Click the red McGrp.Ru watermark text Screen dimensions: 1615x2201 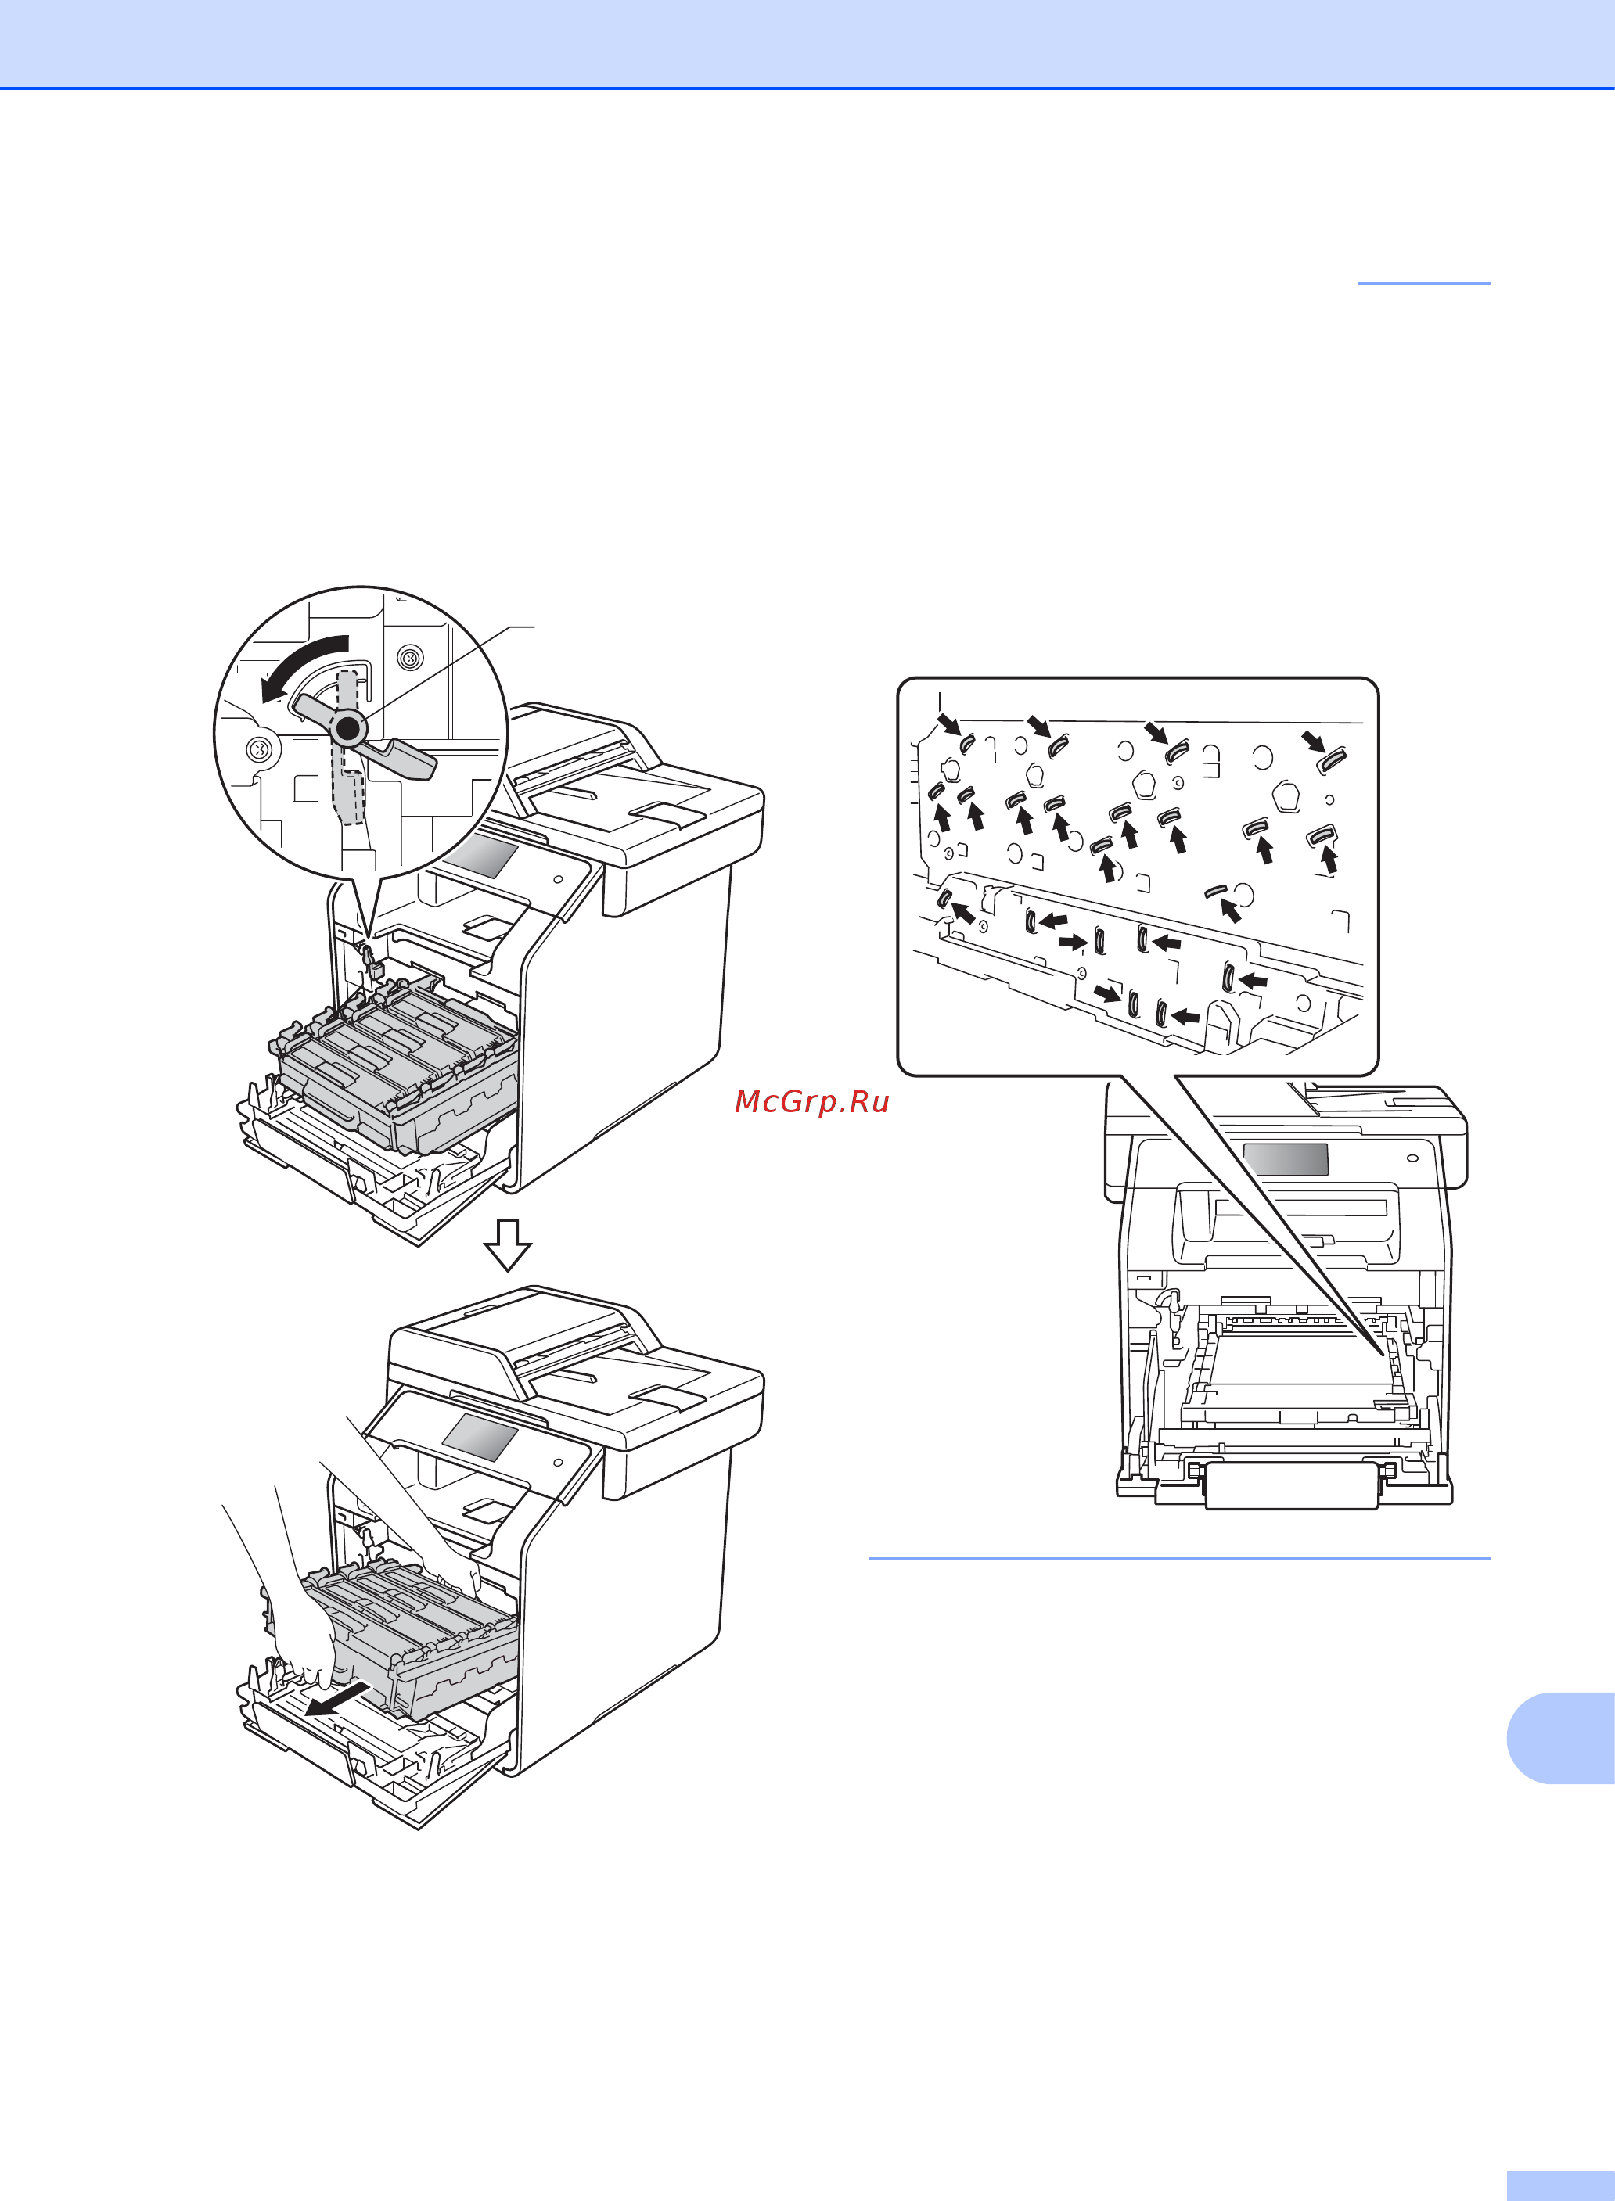pos(811,1101)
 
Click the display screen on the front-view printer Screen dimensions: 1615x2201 pos(1286,1159)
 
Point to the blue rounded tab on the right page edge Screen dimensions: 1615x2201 pos(1561,1738)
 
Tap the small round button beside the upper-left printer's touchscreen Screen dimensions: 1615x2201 pos(558,878)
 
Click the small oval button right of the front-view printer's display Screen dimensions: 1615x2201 pos(1412,1158)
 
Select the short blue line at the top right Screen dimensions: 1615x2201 pos(1423,283)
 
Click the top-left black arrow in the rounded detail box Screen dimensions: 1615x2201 pos(948,723)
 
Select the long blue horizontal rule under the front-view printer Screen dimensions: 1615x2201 pos(1180,1558)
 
